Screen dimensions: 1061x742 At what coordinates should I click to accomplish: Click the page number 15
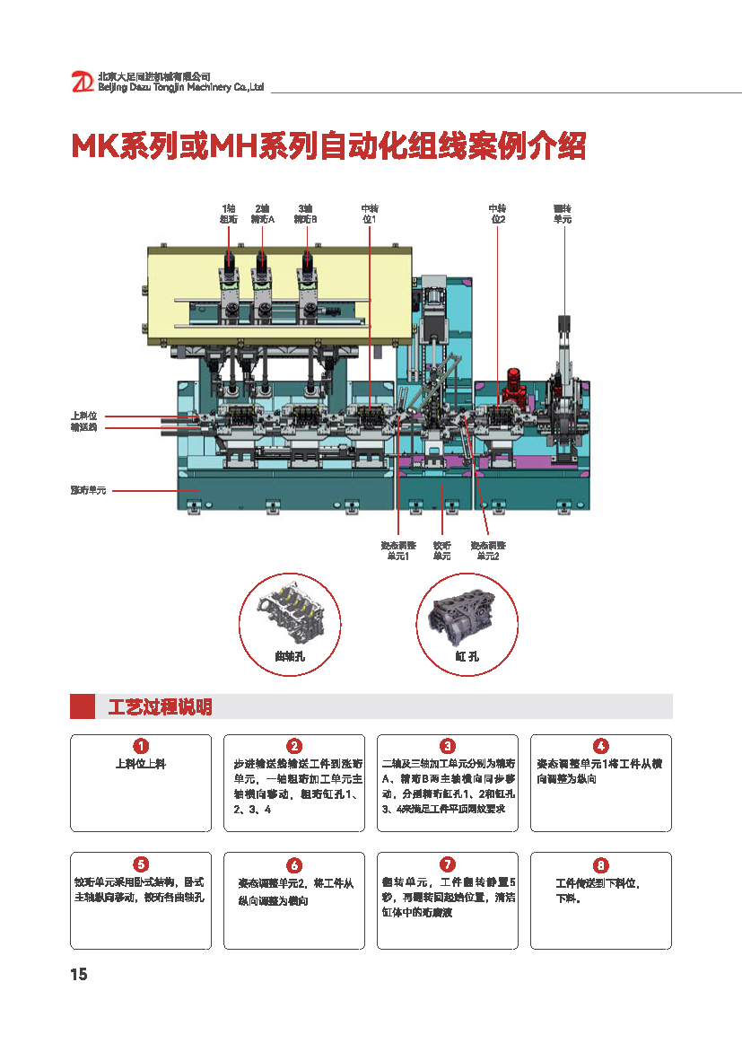79,975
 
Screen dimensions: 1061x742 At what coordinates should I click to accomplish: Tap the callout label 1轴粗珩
228,214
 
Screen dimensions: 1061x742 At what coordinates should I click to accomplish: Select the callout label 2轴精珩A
263,214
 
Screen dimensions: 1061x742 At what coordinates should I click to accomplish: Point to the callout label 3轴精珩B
306,214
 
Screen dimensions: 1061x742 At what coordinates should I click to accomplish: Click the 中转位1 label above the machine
369,214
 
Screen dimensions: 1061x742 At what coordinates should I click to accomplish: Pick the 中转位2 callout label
497,214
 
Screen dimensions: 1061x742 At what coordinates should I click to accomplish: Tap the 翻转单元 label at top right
563,214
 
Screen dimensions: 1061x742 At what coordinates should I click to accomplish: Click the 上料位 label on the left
83,417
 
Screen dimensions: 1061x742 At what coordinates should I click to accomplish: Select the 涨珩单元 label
88,491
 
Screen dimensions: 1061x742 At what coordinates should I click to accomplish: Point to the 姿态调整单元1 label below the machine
397,551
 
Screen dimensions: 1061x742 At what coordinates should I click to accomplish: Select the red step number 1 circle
141,746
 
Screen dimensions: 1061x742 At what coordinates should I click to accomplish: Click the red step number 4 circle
601,746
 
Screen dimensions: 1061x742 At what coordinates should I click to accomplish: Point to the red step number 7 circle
448,864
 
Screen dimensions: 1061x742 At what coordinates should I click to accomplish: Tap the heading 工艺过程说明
160,707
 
